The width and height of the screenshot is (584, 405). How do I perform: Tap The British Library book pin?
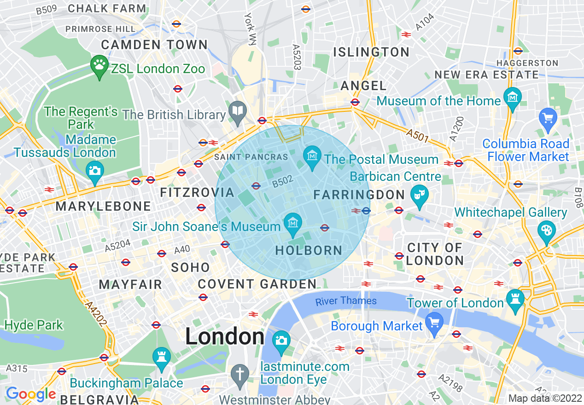(x=239, y=111)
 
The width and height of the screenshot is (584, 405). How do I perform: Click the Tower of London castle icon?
(x=515, y=299)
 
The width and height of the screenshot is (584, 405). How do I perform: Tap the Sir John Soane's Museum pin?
(x=292, y=223)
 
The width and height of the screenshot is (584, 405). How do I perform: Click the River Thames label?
(x=346, y=301)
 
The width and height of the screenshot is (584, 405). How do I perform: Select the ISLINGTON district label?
(x=371, y=52)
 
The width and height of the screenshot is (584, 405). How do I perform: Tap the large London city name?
(x=225, y=337)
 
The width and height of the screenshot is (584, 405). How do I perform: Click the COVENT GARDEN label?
(x=257, y=284)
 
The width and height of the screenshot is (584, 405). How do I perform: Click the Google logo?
(x=31, y=394)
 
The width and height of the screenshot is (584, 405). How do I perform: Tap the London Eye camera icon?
(x=281, y=341)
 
